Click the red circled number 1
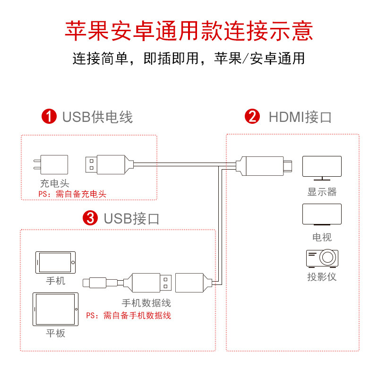49,116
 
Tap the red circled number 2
252,116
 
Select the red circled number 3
90,218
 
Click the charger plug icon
50,165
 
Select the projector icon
322,258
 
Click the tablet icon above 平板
56,309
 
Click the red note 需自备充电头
72,194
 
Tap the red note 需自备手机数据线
129,316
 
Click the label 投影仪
322,277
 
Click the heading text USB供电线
97,117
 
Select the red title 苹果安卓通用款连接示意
189,31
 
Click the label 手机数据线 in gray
146,303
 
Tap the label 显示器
322,192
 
